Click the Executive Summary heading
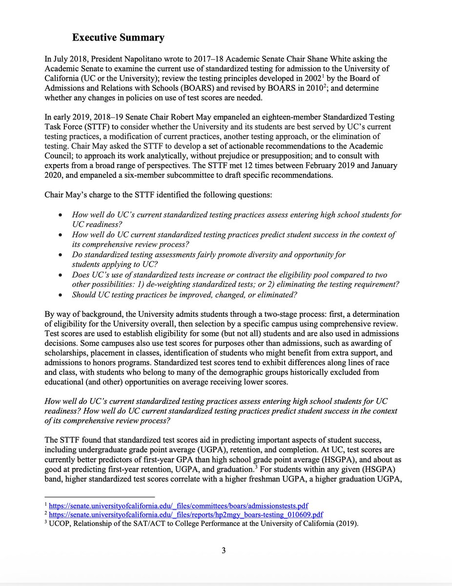click(118, 38)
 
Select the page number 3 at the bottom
click(224, 551)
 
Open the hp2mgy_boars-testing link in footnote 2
click(186, 514)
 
